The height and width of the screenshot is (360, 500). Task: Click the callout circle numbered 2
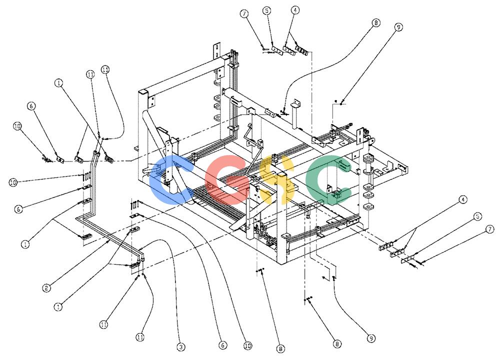46,288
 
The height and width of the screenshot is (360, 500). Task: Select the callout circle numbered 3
181,347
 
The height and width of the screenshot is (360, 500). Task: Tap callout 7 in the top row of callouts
244,14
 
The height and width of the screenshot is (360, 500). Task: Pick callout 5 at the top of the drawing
266,11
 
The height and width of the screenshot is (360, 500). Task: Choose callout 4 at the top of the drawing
295,10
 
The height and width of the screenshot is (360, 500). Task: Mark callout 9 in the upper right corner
398,27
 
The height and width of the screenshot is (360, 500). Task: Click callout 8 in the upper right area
376,23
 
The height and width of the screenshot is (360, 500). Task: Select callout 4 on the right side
463,199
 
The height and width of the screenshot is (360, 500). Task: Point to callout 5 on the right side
477,217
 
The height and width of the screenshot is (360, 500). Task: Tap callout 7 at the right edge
490,229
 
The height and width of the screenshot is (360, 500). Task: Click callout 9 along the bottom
371,338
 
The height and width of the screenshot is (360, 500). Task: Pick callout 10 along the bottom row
248,345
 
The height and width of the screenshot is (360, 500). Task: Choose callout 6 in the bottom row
222,345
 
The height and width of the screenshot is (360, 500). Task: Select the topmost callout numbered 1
58,83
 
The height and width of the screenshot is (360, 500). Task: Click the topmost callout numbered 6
31,106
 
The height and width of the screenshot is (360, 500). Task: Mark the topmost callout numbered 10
17,126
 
